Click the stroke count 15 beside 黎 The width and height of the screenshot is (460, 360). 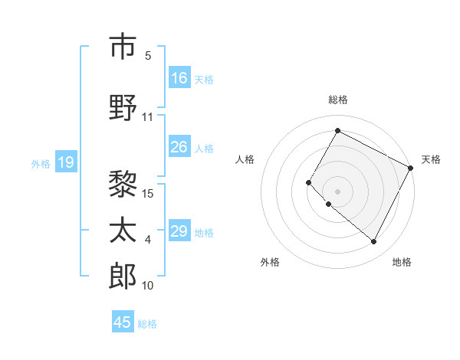tap(149, 193)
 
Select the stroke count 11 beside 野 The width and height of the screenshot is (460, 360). tap(148, 117)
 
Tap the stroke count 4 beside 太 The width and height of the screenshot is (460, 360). tap(148, 240)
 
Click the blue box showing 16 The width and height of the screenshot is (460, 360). tap(179, 78)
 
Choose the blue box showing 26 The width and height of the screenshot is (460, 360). tap(179, 147)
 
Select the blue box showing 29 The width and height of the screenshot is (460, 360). tap(179, 231)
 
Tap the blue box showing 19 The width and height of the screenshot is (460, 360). tap(65, 162)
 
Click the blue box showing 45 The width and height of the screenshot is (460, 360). tap(123, 322)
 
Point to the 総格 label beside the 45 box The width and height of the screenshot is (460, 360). tap(147, 324)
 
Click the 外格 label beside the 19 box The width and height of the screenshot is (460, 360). tap(41, 163)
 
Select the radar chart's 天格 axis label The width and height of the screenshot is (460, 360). tap(431, 159)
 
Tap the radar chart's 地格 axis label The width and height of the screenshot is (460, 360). tap(402, 262)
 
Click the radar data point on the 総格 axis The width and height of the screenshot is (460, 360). tap(337, 131)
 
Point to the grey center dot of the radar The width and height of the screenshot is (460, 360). tap(337, 191)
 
